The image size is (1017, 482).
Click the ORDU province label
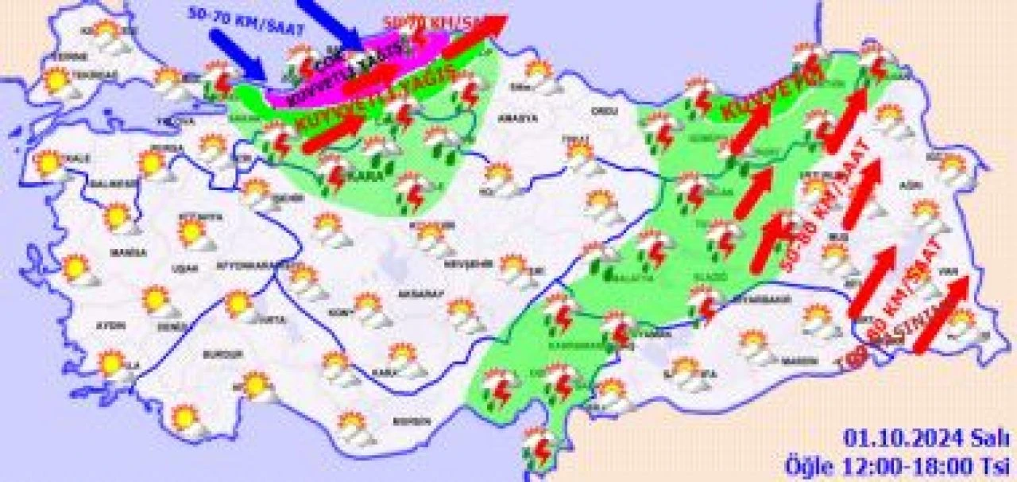click(x=605, y=111)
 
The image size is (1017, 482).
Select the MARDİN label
click(x=799, y=360)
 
